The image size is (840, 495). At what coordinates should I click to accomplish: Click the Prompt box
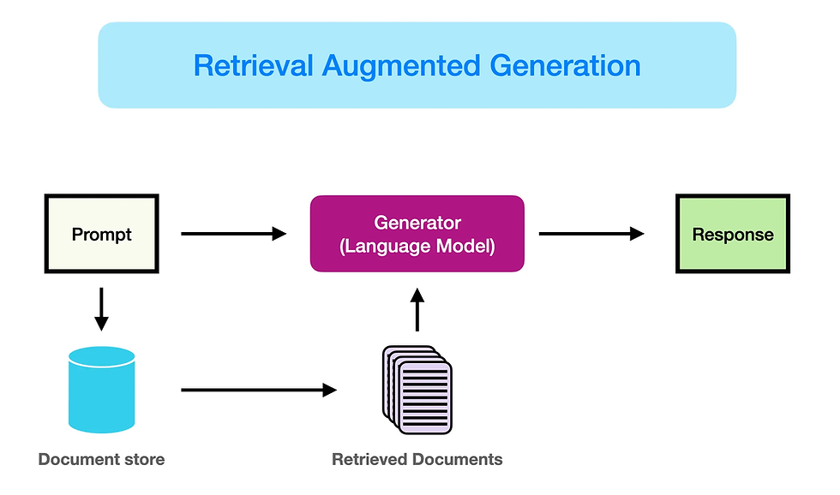tap(101, 234)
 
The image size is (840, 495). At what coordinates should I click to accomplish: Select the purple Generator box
tap(417, 234)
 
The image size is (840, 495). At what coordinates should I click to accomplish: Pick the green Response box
tap(732, 235)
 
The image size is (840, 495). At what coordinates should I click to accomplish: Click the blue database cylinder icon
tap(101, 390)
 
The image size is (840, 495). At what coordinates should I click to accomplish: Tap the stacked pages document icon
tap(417, 389)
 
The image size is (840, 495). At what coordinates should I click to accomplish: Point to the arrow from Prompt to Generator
tap(233, 234)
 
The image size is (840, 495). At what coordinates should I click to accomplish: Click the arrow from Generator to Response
tap(591, 234)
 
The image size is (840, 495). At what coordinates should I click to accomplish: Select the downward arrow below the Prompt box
tap(101, 309)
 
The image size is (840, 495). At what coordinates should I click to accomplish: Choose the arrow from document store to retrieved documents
tap(258, 391)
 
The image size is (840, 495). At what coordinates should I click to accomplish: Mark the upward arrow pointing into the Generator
tap(417, 309)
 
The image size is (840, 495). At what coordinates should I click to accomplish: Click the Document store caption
tap(101, 460)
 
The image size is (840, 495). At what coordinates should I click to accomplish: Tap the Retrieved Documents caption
tap(417, 460)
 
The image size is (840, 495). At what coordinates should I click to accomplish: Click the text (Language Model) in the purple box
tap(417, 246)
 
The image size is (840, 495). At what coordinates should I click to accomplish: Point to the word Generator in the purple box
tap(417, 223)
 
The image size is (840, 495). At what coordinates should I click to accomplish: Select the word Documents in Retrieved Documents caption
tap(457, 460)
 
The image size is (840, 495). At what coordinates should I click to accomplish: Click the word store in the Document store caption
tap(142, 460)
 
